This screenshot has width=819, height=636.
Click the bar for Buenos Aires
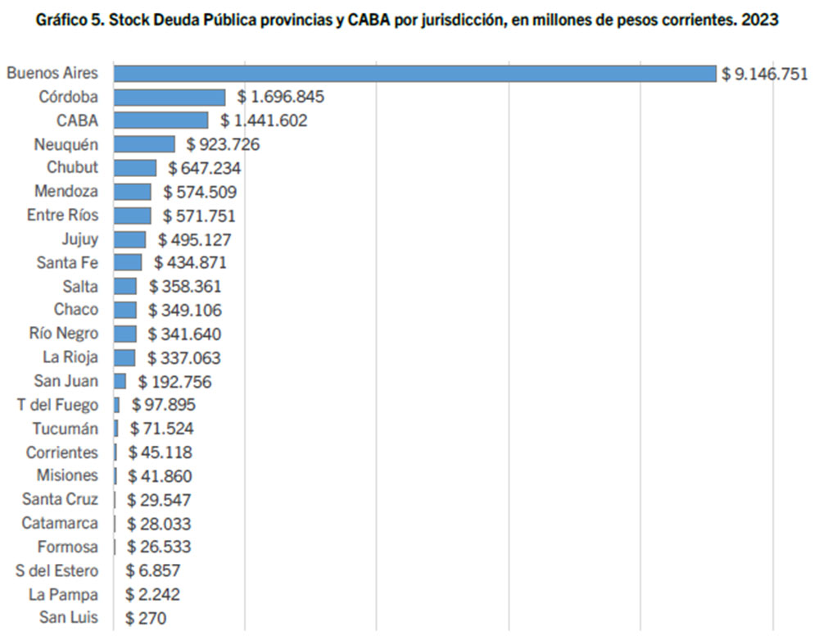414,74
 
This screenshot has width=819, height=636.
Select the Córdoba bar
170,98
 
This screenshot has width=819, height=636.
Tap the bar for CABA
161,120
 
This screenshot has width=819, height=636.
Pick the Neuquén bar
144,144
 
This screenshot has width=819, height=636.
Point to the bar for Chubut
135,168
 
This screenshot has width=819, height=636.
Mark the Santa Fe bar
128,263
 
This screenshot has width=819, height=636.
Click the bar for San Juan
120,381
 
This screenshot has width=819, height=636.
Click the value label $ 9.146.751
758,74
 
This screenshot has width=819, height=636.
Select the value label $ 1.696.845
281,98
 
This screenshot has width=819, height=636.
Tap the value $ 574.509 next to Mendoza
200,192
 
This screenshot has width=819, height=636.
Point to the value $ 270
145,618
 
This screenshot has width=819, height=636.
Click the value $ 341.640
184,334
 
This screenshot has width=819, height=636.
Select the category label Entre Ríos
62,216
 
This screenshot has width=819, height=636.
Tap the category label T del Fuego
57,405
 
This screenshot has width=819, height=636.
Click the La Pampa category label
63,594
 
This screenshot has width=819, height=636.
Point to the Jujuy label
79,239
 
